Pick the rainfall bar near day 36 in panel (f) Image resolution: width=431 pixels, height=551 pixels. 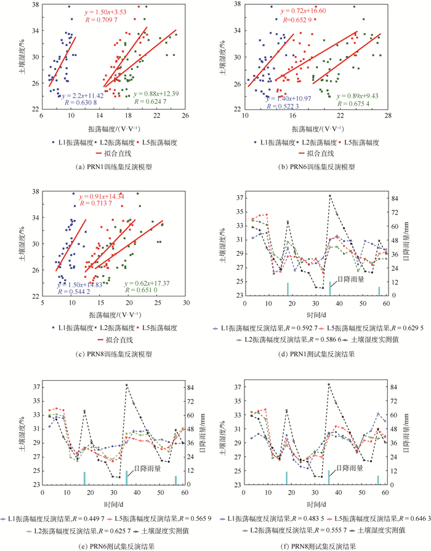click(x=329, y=478)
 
